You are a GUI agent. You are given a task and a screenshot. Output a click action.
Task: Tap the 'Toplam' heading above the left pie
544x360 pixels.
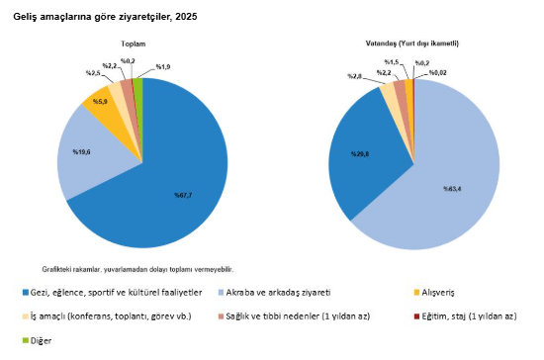coord(134,45)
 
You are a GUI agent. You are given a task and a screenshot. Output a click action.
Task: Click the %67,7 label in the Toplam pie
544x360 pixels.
coord(183,194)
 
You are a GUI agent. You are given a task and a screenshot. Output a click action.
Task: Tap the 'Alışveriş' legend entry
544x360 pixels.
coord(445,293)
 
